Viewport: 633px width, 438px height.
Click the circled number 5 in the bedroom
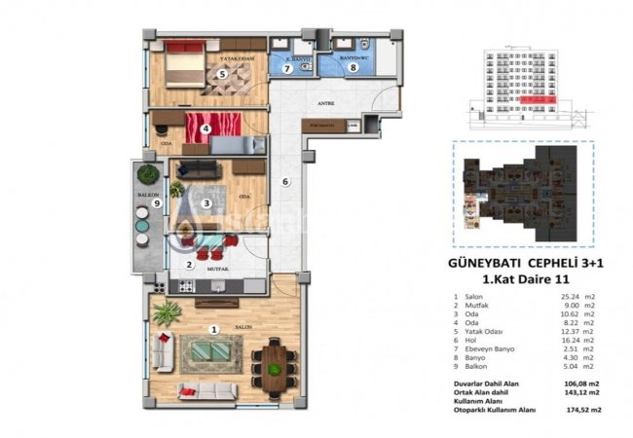[x=222, y=73]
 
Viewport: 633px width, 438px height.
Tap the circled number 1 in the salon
[x=215, y=329]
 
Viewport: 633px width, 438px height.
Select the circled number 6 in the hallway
[x=285, y=181]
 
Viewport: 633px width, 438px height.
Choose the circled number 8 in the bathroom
[x=354, y=67]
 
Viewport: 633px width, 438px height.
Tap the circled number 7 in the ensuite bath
[x=287, y=68]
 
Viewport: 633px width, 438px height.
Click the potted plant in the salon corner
[x=167, y=313]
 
